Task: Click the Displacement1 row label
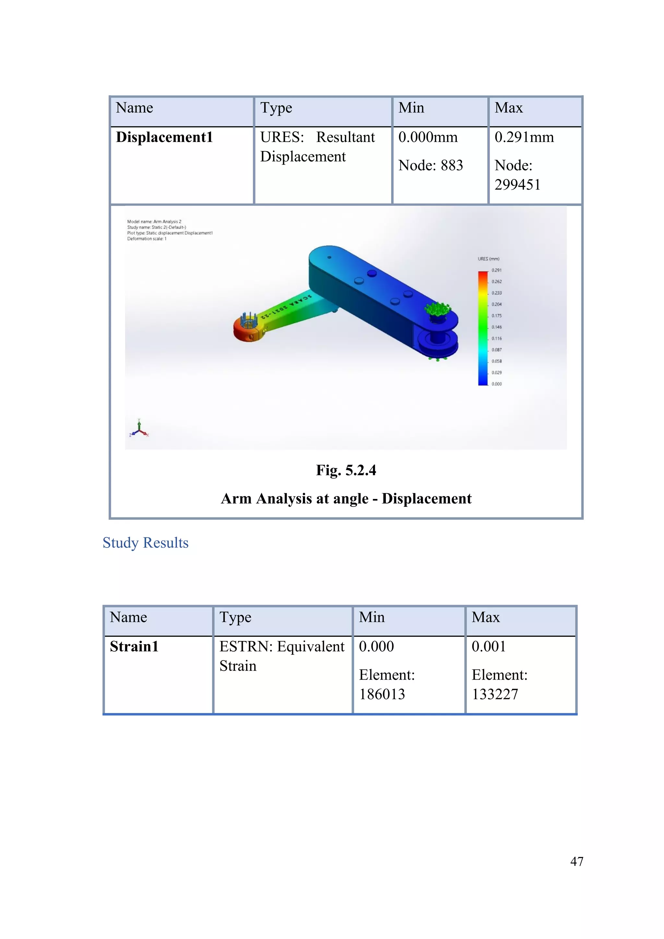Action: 164,137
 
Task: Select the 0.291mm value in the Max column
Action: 524,137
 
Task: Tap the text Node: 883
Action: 431,165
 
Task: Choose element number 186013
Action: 382,695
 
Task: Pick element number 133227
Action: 495,695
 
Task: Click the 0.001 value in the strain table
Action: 489,647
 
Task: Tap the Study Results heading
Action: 146,543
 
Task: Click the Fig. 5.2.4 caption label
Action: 346,470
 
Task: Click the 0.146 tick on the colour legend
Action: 496,327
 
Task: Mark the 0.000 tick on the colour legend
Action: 496,384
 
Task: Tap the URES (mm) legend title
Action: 488,259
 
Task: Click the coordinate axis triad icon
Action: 139,429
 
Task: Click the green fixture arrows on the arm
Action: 437,310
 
